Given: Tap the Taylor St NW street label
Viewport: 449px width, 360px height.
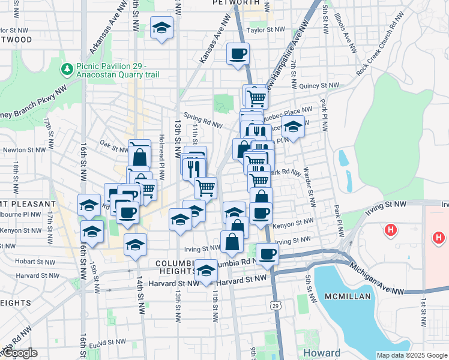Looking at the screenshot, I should pyautogui.click(x=265, y=29).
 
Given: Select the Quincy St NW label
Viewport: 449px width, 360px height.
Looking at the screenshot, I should pyautogui.click(x=316, y=86).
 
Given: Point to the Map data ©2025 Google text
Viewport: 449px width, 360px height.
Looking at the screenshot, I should pyautogui.click(x=412, y=355).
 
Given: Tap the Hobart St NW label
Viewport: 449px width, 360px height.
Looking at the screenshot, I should pyautogui.click(x=20, y=262).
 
